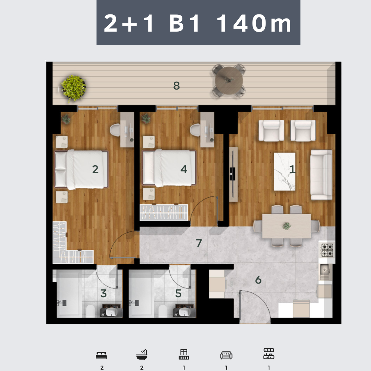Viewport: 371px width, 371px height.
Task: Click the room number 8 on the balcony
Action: tap(177, 86)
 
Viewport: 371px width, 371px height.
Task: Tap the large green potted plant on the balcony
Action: tap(74, 88)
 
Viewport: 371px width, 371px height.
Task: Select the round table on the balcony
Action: tap(229, 81)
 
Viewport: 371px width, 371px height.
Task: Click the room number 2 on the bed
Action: tap(95, 169)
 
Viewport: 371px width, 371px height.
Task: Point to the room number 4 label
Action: tap(184, 169)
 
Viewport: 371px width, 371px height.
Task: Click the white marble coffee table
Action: tap(284, 171)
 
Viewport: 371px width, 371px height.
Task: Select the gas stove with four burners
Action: tap(327, 250)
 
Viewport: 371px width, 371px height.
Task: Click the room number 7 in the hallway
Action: tap(199, 243)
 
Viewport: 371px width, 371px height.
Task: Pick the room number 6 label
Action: tap(258, 280)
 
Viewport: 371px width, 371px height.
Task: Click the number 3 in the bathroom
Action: tap(103, 293)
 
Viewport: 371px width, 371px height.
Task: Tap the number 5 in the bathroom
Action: tap(178, 293)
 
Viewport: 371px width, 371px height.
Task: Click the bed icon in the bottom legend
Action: tap(101, 356)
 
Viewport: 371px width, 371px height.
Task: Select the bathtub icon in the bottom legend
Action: tap(142, 355)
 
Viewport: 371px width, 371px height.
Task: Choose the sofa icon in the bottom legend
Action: tap(226, 355)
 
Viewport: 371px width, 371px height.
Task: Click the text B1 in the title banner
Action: tap(184, 23)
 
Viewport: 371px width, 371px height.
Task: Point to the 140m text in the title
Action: tap(254, 23)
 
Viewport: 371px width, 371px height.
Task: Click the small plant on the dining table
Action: tap(286, 226)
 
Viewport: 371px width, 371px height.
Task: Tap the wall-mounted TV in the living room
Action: tap(233, 175)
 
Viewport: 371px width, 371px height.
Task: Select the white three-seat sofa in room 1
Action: tap(321, 175)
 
